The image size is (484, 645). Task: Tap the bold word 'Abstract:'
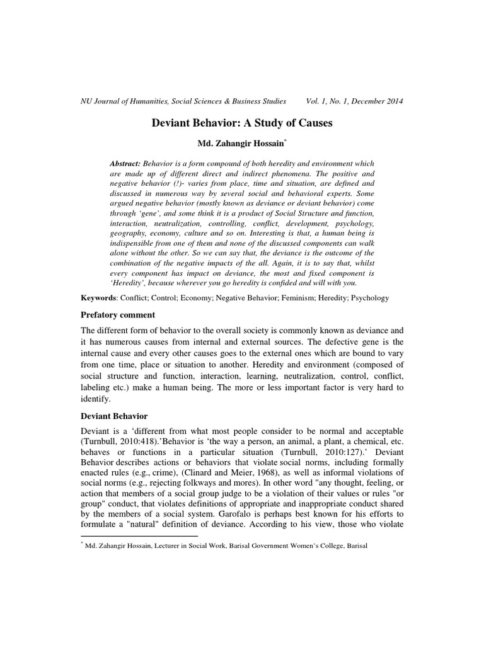coord(128,163)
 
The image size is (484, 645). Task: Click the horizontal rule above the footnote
coord(140,536)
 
